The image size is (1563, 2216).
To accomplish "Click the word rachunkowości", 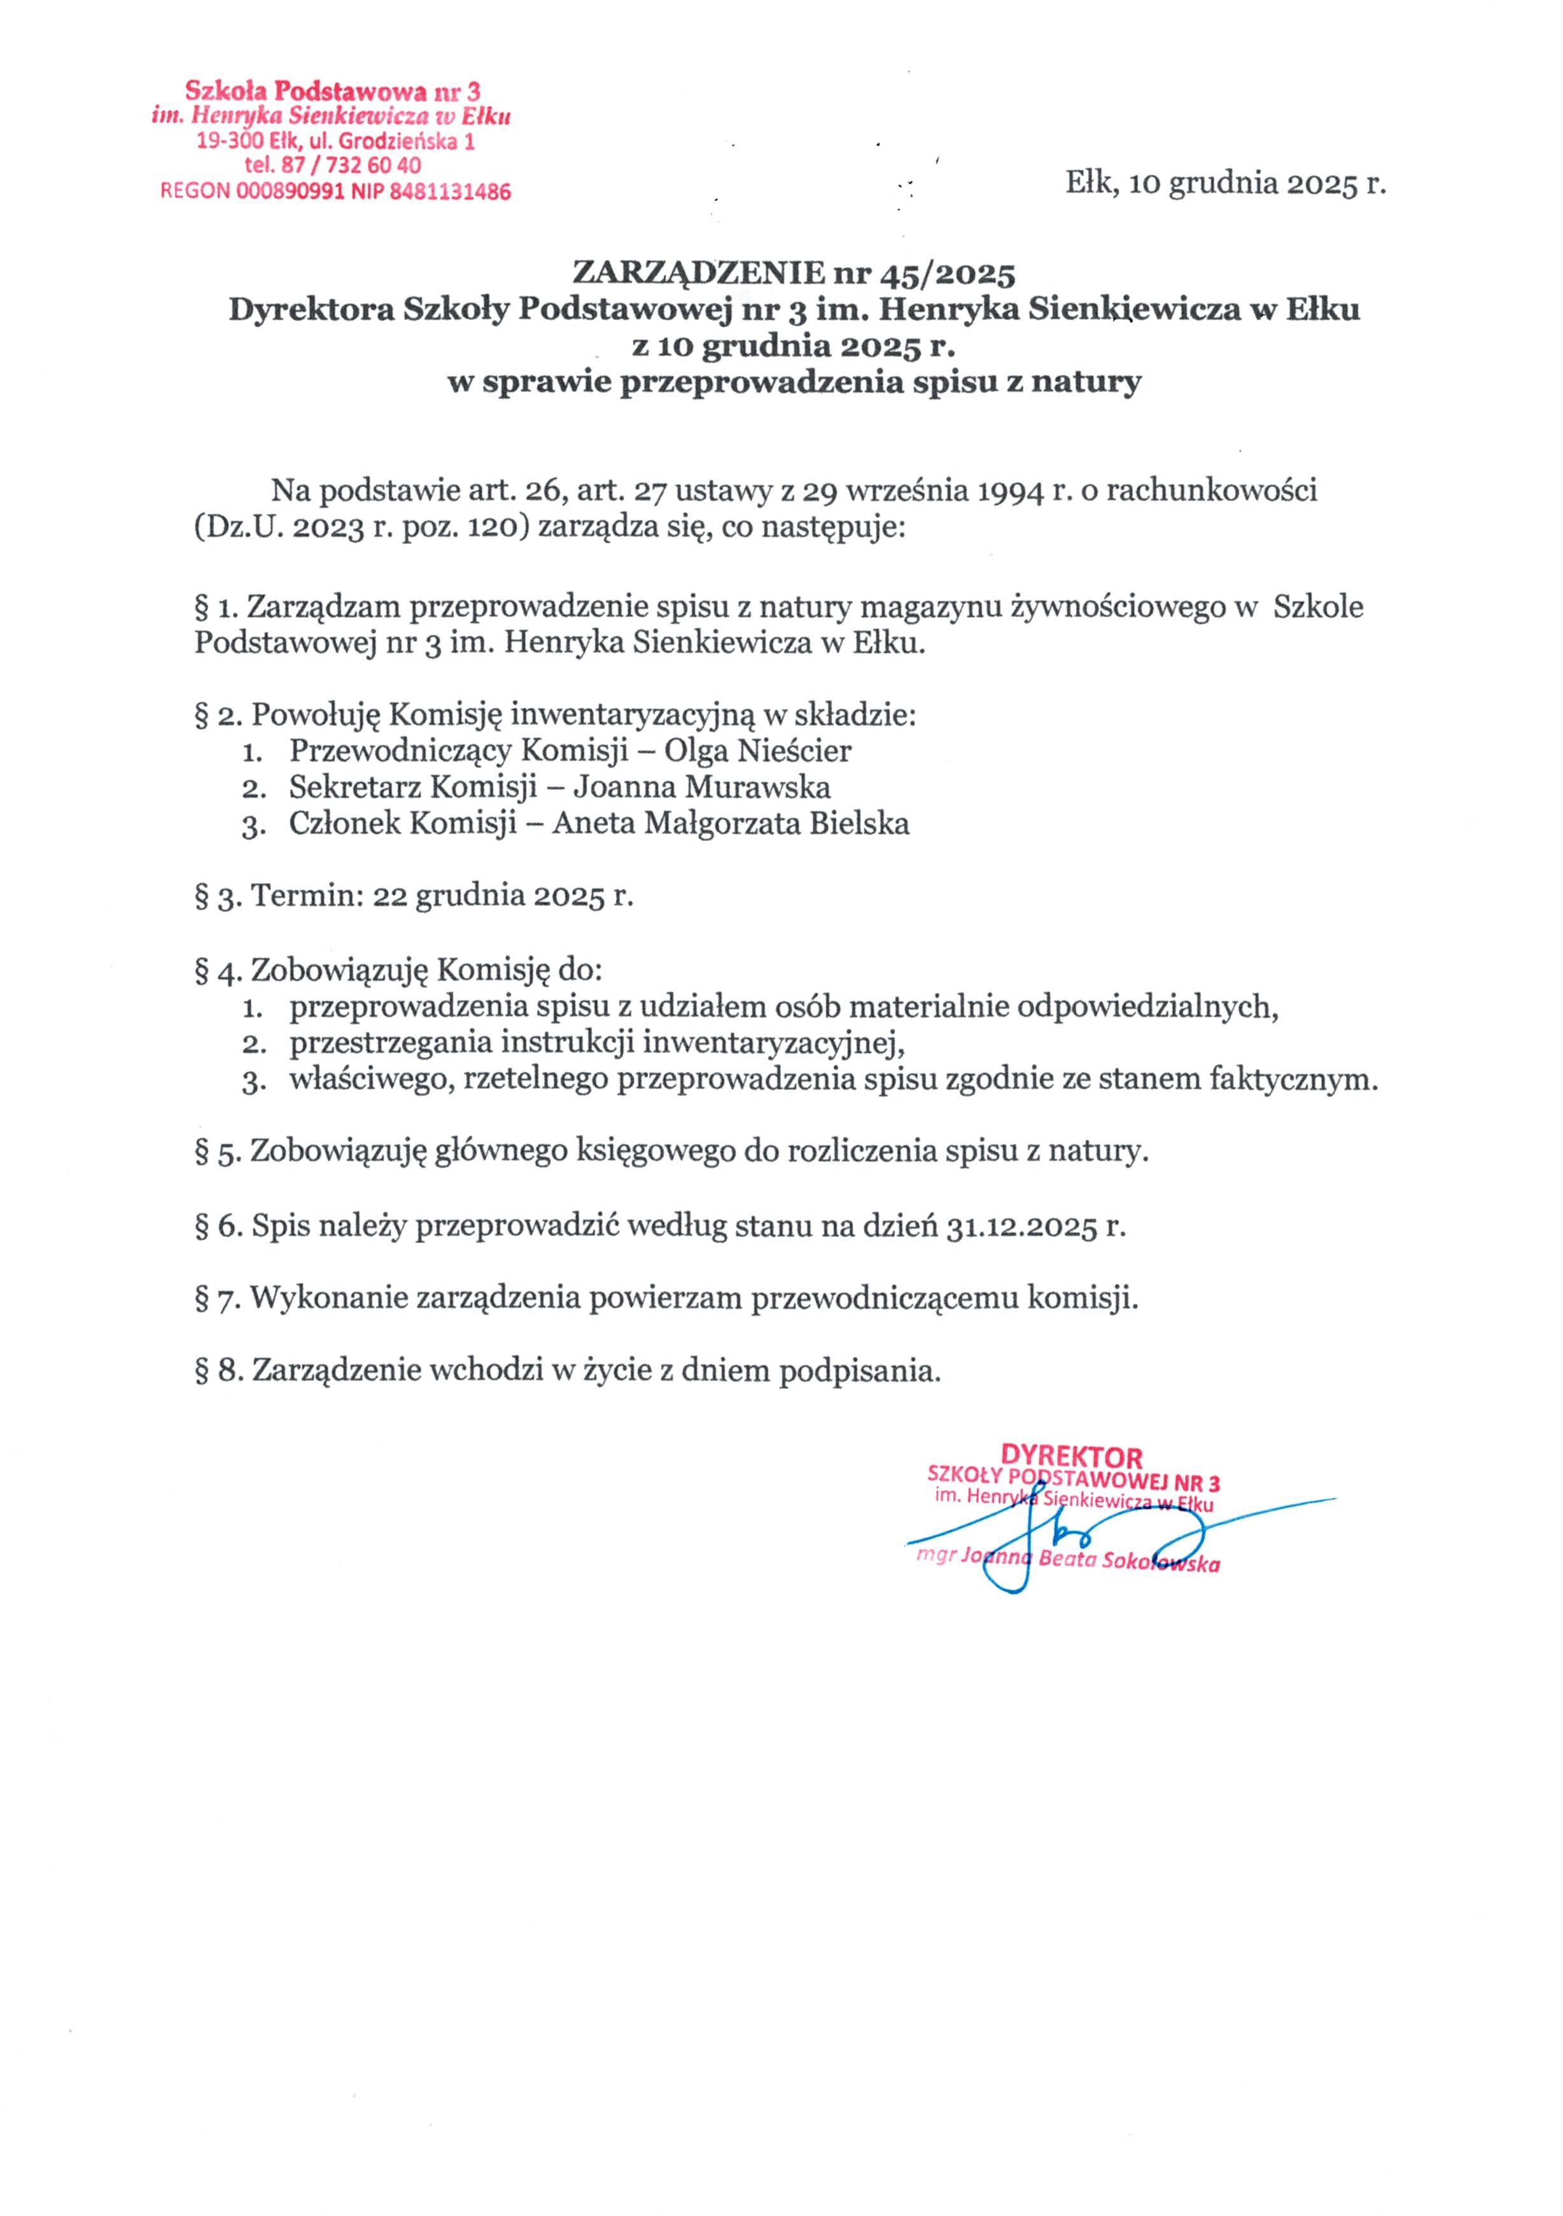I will [1212, 491].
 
